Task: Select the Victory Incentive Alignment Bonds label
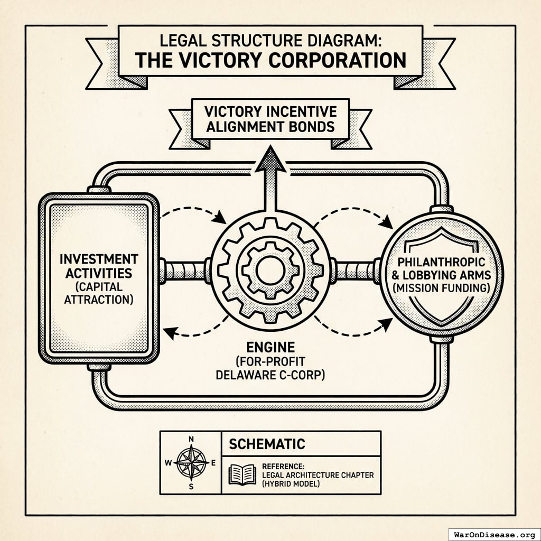pyautogui.click(x=270, y=119)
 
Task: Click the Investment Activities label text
pyautogui.click(x=99, y=266)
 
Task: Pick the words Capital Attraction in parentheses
pyautogui.click(x=99, y=293)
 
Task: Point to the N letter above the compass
pyautogui.click(x=191, y=439)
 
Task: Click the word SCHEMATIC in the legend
pyautogui.click(x=267, y=444)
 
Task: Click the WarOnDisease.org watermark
pyautogui.click(x=494, y=534)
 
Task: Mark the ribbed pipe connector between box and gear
pyautogui.click(x=184, y=270)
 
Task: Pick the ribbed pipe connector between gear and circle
pyautogui.click(x=356, y=270)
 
